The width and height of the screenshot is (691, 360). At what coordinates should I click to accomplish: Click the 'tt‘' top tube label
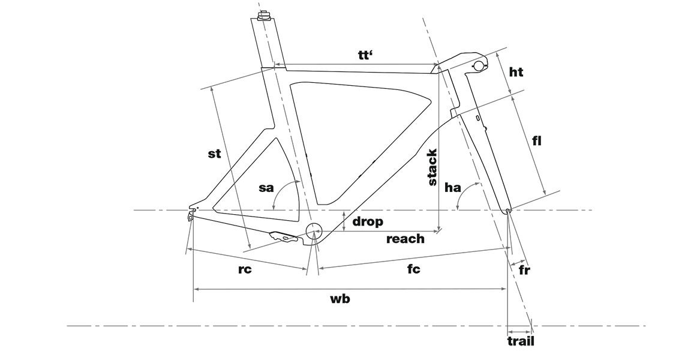point(365,56)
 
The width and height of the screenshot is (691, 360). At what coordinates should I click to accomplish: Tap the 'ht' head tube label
point(516,71)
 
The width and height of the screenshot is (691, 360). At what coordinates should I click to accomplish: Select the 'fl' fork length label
point(536,140)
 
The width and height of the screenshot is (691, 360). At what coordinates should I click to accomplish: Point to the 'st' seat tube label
point(214,154)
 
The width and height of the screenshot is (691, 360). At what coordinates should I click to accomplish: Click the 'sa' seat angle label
point(266,188)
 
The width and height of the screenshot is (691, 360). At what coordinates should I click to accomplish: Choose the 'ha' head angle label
point(453,188)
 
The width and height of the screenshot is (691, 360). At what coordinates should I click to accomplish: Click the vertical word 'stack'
point(432,167)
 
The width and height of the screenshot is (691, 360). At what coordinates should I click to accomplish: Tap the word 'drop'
point(368,221)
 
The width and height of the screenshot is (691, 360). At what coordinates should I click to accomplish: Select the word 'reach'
point(405,239)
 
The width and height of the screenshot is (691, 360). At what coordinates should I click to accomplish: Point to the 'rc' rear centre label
point(245,269)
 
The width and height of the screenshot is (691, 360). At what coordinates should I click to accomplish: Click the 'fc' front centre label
point(413,268)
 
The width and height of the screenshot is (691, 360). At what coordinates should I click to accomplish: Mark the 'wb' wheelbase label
point(340,299)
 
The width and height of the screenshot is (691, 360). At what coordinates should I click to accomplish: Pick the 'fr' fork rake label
point(524,269)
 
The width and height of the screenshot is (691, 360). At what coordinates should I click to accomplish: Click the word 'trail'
point(521,341)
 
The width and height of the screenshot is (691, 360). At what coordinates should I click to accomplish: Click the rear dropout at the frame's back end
point(192,215)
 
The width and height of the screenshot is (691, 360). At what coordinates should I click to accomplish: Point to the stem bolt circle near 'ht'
point(479,65)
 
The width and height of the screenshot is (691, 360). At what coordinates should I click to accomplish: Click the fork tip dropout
point(508,211)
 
